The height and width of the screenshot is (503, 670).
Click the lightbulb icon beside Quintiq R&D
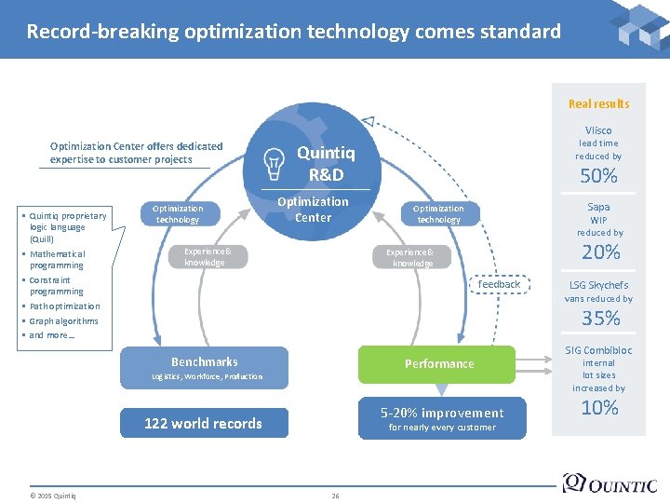point(275,163)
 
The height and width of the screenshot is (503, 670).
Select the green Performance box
point(437,364)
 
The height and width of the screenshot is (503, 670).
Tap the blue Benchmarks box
point(205,367)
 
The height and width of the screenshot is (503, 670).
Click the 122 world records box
point(204,424)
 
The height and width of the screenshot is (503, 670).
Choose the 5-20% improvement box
point(441,418)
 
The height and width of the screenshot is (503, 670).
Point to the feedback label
point(499,284)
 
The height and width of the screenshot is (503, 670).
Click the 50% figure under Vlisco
point(599,176)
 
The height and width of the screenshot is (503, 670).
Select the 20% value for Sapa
point(600,252)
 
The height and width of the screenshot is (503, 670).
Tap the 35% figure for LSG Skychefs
point(600,319)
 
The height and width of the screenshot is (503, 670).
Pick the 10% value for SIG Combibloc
point(599,407)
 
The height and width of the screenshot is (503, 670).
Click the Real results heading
point(598,104)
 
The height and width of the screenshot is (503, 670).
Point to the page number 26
point(335,496)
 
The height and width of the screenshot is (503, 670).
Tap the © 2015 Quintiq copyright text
point(52,496)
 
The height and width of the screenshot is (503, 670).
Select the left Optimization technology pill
point(178,214)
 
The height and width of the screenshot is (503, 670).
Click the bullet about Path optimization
point(64,306)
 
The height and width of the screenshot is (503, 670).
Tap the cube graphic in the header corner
point(639,26)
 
